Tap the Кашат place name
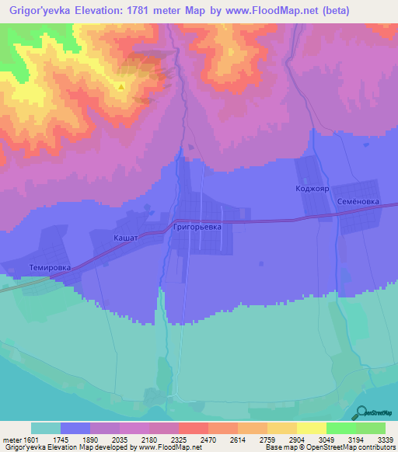(125, 238)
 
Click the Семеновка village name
(358, 200)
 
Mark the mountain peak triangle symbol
(121, 86)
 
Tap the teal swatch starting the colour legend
(46, 428)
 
